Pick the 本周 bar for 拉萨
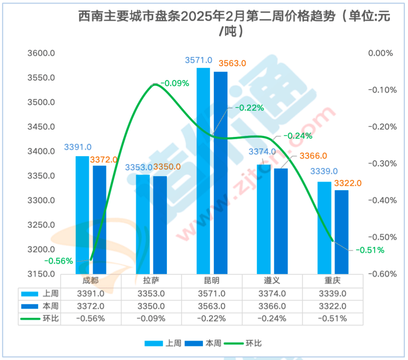[160, 225]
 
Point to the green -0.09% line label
[175, 83]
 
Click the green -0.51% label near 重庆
[370, 250]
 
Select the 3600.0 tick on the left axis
[42, 53]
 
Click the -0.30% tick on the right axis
[383, 164]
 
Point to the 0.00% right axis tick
[381, 53]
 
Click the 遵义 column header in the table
[272, 281]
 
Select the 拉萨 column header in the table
[151, 281]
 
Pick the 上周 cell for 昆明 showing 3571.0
[212, 293]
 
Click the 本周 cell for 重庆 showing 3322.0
[332, 306]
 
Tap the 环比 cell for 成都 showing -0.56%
[91, 318]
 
